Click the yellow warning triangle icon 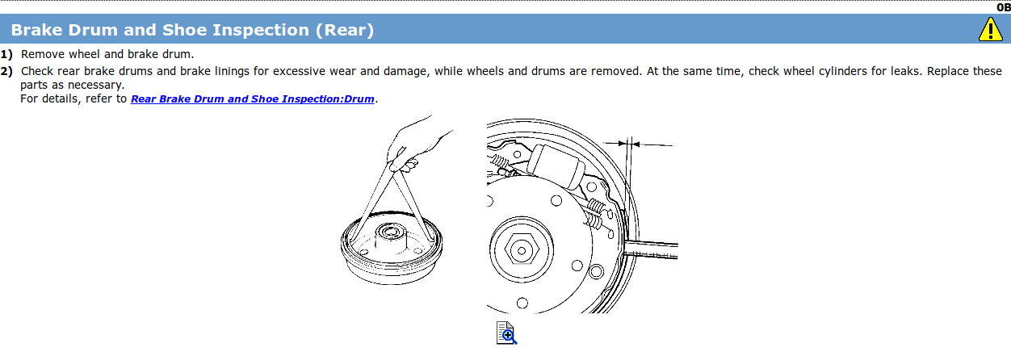click(990, 30)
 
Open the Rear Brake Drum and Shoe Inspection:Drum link click(252, 98)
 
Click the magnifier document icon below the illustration click(506, 333)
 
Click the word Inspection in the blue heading click(261, 30)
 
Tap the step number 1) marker click(6, 55)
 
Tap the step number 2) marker click(6, 71)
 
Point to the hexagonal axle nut click(522, 250)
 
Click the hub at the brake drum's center click(392, 236)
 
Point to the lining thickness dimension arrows click(637, 144)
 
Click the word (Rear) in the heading click(345, 30)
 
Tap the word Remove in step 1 click(43, 54)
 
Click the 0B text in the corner click(1003, 7)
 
